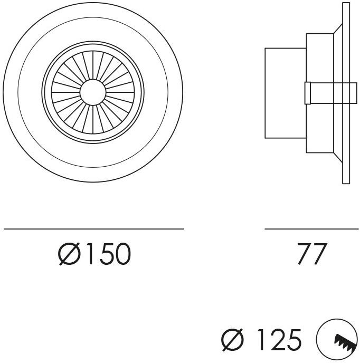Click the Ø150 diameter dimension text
coord(94,254)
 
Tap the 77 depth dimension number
coord(312,254)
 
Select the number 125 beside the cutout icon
coord(279,339)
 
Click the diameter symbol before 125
coord(232,339)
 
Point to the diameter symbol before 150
coord(69,254)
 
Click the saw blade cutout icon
coord(337,339)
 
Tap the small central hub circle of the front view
coord(93,92)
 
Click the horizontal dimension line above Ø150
coord(94,229)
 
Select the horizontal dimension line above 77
coord(311,229)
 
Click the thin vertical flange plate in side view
coord(346,93)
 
